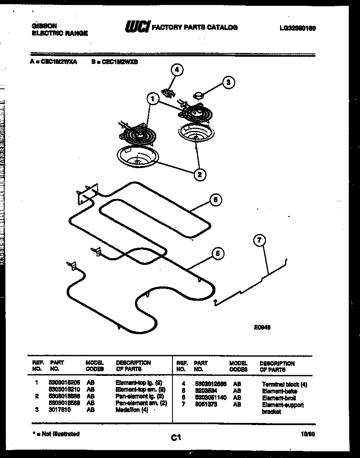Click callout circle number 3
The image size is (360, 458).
click(x=228, y=82)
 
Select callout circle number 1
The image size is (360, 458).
click(x=153, y=99)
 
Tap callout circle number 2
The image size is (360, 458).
click(x=200, y=174)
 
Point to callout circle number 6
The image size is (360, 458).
click(x=215, y=200)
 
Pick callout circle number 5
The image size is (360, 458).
click(x=217, y=253)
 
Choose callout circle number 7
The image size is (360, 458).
click(x=259, y=240)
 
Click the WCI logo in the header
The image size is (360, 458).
click(x=137, y=27)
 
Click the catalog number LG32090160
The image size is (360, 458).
click(x=297, y=29)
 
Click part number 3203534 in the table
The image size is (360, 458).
click(x=206, y=391)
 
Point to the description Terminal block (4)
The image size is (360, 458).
click(x=284, y=385)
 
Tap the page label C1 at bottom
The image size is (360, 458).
click(x=176, y=438)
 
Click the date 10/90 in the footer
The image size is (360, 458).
click(x=307, y=434)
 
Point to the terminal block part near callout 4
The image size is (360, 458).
click(x=167, y=92)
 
